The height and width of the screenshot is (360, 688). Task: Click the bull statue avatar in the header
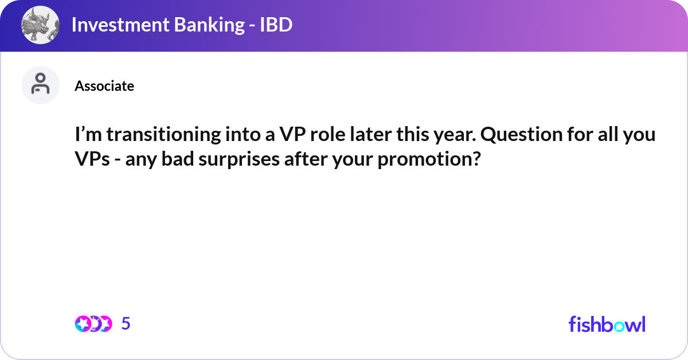(x=40, y=25)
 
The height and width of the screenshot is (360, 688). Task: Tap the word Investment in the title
(x=120, y=25)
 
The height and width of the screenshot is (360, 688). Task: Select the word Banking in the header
(x=209, y=25)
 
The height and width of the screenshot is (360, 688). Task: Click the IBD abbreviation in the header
(x=276, y=25)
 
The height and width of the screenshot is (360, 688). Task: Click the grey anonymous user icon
(x=40, y=85)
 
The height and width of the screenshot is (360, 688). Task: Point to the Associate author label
(x=104, y=85)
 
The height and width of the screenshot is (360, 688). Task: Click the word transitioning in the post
(x=164, y=135)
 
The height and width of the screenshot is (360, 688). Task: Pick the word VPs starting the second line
(x=92, y=159)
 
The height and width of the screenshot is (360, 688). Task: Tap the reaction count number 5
(x=126, y=323)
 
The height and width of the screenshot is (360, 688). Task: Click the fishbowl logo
(x=607, y=324)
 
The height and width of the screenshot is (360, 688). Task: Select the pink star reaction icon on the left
(x=83, y=324)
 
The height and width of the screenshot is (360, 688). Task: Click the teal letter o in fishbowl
(x=619, y=326)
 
